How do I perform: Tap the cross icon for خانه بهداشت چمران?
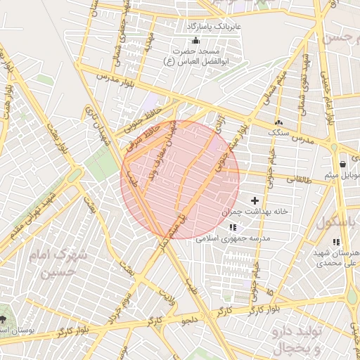coord(255,201)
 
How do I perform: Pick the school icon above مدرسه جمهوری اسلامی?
coord(233,228)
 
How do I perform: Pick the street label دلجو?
coord(192,321)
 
